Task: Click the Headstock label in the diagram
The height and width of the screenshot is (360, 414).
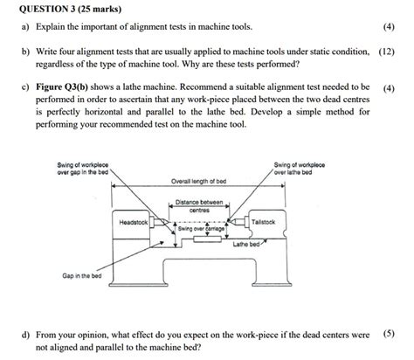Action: [x=134, y=223]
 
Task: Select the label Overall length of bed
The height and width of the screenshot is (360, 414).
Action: [x=200, y=181]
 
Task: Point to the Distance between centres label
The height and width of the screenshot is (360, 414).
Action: [x=199, y=205]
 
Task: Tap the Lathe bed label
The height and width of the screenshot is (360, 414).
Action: [x=247, y=245]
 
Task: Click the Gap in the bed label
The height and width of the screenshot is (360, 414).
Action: [x=81, y=276]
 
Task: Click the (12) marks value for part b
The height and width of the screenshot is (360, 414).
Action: [x=387, y=52]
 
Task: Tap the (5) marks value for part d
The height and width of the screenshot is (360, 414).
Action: [x=389, y=334]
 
